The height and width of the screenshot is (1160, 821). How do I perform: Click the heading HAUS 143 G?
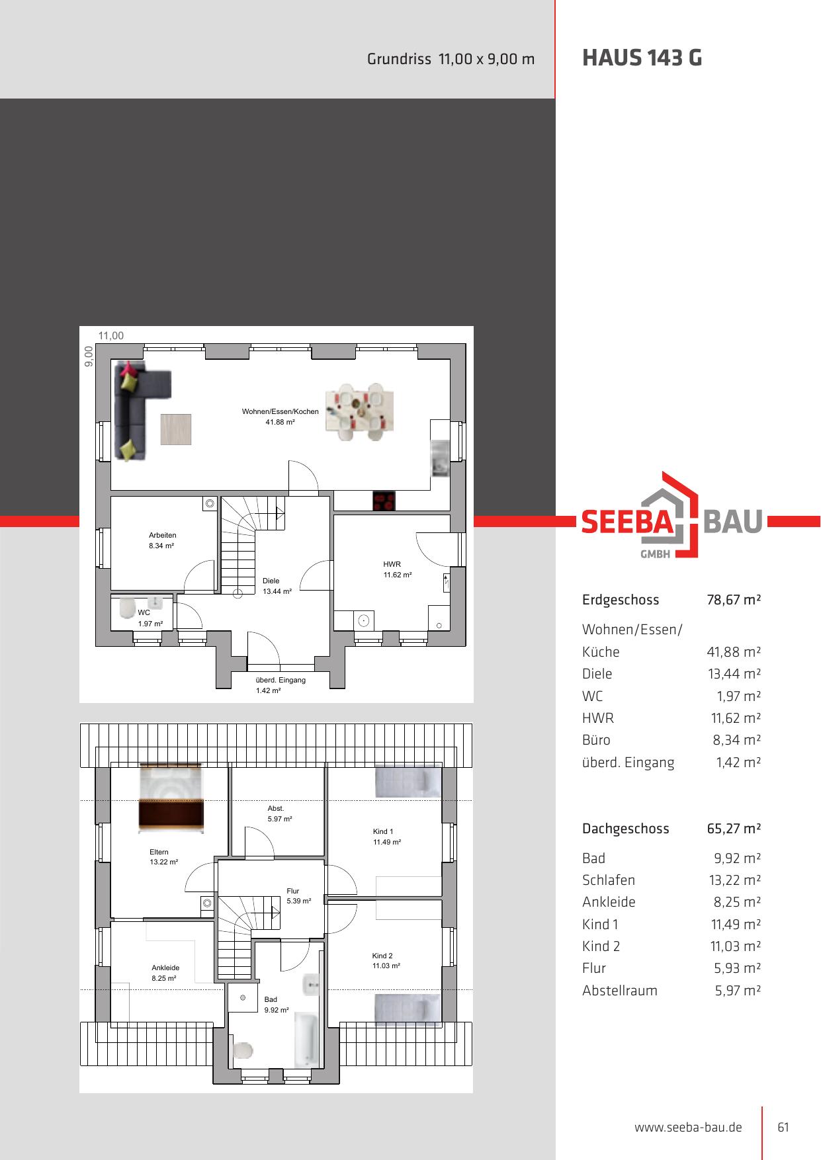[x=642, y=58]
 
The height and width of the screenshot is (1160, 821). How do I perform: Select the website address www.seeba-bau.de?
[x=688, y=1128]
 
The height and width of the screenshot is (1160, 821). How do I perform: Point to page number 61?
[x=783, y=1128]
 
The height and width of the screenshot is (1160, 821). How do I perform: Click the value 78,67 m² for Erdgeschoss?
[x=734, y=600]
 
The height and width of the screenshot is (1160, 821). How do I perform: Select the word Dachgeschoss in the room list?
[x=625, y=829]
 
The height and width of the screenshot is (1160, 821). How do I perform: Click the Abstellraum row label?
[x=620, y=991]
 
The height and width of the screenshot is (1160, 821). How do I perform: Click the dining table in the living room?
[x=360, y=412]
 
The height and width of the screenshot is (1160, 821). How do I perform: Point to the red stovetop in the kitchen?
[x=384, y=501]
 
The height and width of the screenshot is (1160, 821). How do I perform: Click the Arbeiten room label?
[x=162, y=536]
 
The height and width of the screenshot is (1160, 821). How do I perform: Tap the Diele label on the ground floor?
[x=271, y=581]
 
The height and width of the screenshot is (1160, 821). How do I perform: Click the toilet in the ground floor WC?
[x=127, y=607]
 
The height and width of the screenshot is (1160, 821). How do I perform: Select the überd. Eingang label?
[x=281, y=680]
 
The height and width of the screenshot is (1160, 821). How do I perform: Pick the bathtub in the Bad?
[x=306, y=1039]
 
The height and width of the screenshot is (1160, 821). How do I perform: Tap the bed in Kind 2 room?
[x=408, y=1010]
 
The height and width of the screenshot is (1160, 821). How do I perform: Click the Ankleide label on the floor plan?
[x=165, y=968]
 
